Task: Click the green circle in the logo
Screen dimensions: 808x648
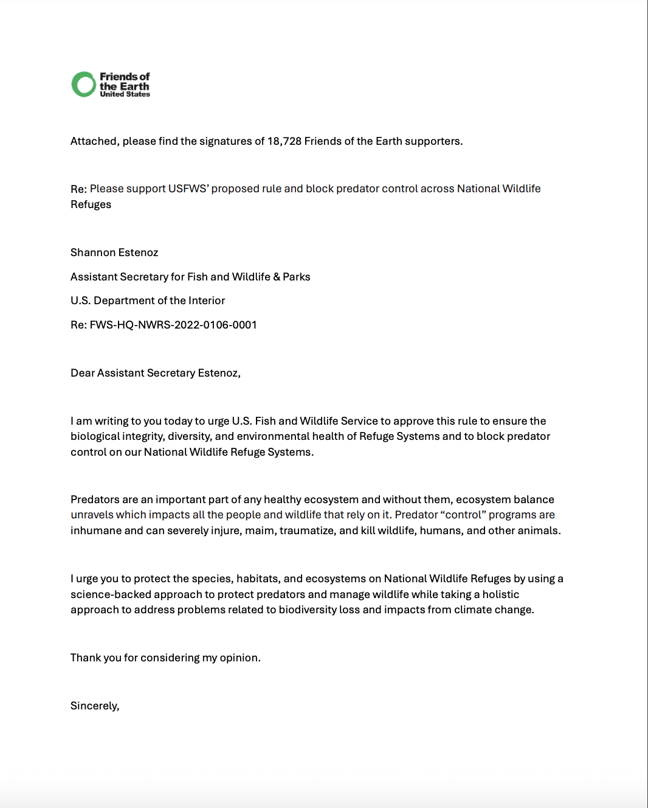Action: click(x=84, y=85)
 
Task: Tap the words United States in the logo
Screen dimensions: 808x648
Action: click(x=125, y=94)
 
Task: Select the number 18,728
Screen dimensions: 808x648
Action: click(x=284, y=141)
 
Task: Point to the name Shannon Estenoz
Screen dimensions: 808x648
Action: click(x=114, y=252)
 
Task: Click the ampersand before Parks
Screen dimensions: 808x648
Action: click(x=277, y=277)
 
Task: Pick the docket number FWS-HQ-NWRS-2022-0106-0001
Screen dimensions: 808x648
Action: click(x=173, y=325)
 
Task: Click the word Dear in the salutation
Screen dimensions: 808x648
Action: click(x=83, y=373)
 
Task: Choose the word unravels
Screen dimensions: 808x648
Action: click(x=92, y=515)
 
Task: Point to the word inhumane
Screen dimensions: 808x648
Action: click(x=96, y=531)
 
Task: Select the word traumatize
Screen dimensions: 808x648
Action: click(x=308, y=531)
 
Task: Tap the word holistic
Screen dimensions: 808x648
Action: click(x=501, y=594)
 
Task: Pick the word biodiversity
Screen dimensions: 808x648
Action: click(x=308, y=610)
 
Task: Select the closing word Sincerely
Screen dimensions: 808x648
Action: click(x=95, y=706)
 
